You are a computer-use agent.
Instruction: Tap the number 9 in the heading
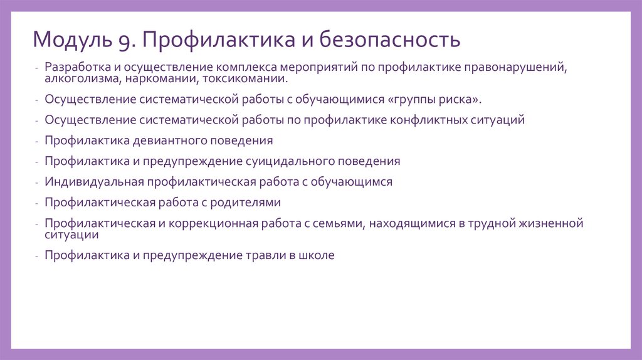pyautogui.click(x=121, y=41)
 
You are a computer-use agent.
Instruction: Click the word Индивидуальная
pyautogui.click(x=94, y=182)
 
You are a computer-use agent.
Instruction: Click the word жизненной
pyautogui.click(x=550, y=223)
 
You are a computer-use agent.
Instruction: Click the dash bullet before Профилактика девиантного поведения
pyautogui.click(x=38, y=141)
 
